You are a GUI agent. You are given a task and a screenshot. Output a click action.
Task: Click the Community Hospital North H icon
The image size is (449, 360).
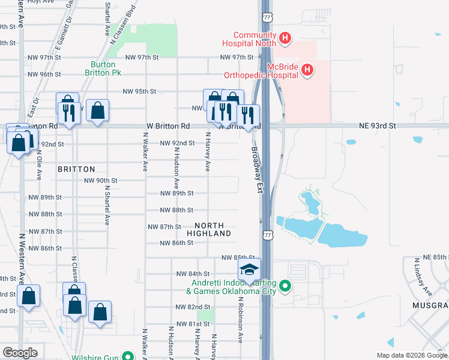(285, 40)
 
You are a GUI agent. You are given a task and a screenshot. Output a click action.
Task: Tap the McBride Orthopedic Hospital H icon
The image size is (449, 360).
(307, 71)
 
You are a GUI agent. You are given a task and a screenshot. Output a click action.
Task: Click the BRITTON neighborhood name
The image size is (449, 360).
(76, 170)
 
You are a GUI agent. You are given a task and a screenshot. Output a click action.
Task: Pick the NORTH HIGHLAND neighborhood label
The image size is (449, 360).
(209, 228)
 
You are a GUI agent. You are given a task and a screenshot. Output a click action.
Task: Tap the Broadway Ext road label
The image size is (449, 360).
(258, 170)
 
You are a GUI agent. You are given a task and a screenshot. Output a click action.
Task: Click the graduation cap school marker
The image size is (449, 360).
(250, 270)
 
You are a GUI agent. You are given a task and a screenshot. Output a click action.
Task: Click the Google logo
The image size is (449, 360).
(20, 353)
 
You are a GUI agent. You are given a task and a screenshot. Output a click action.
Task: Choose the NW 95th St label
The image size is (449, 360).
(139, 92)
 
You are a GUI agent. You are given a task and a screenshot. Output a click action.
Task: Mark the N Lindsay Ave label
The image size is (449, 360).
(423, 277)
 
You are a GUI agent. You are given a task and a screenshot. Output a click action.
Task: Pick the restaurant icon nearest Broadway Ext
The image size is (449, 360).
(248, 115)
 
